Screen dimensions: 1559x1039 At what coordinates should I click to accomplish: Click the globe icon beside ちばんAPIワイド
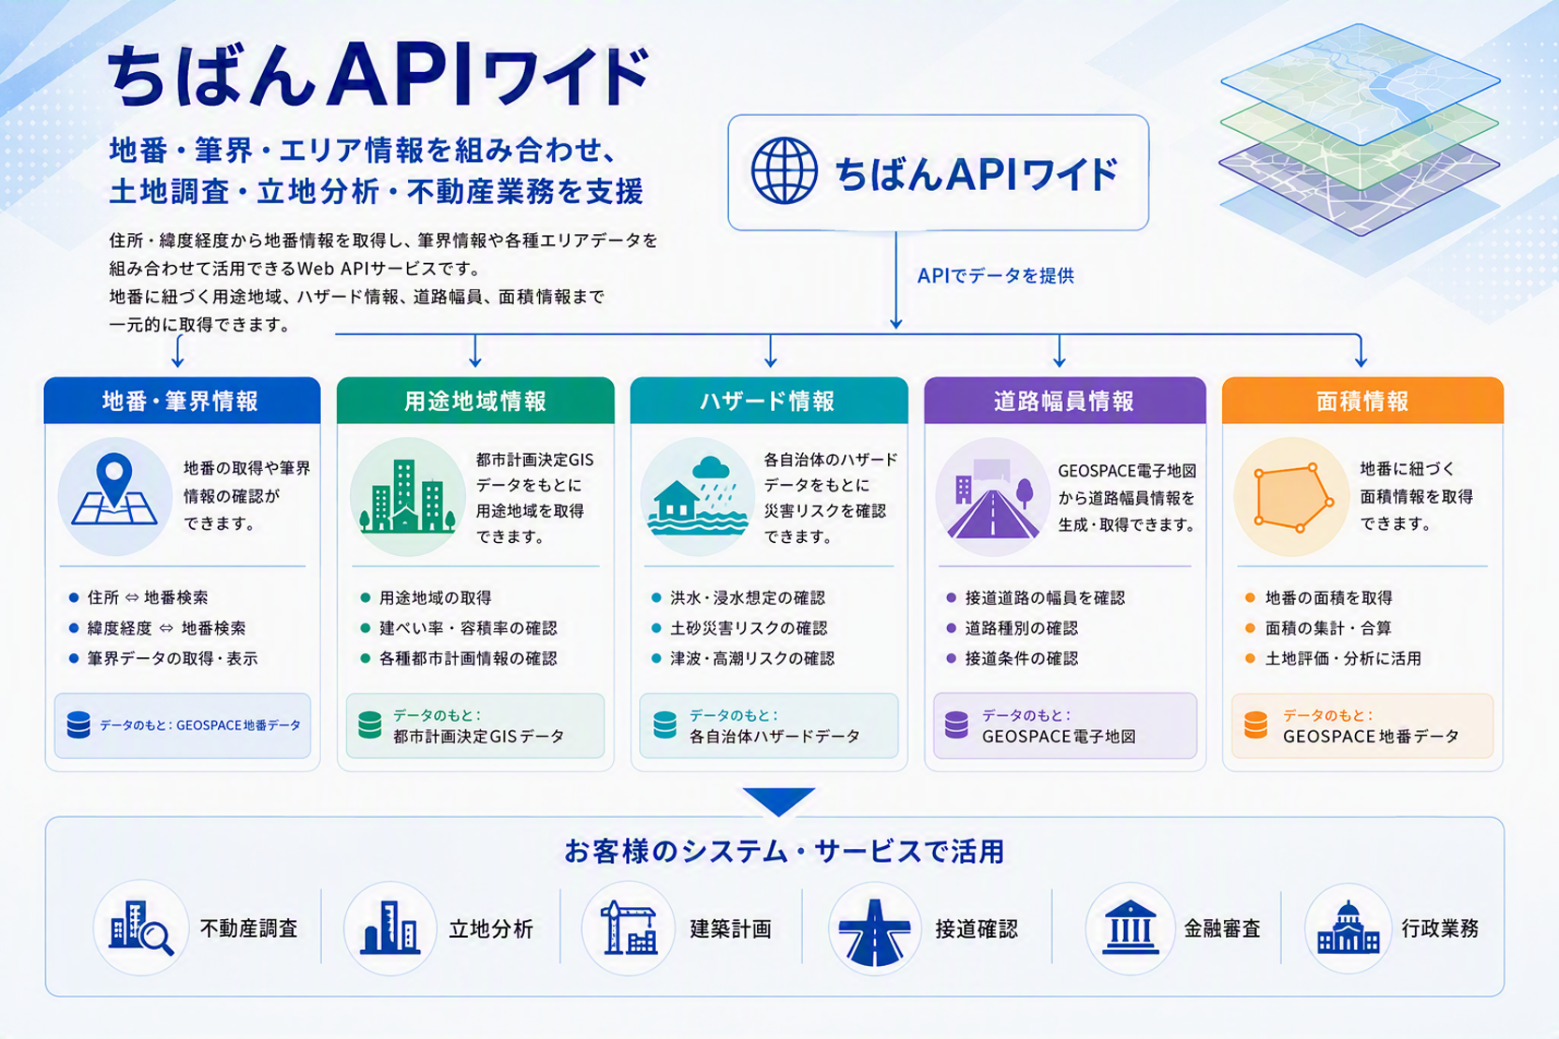click(x=783, y=170)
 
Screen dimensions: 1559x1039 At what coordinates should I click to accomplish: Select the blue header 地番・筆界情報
click(x=182, y=401)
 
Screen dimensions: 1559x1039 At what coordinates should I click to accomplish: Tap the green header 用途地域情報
click(x=475, y=401)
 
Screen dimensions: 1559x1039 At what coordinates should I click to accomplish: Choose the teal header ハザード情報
click(x=769, y=401)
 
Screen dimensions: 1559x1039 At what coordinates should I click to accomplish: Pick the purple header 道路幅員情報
click(x=1065, y=401)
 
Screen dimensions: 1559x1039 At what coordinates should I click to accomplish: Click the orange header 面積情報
click(x=1362, y=401)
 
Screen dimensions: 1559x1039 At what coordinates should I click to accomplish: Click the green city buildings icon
click(x=408, y=496)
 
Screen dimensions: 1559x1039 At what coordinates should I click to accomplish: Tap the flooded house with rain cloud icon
click(x=698, y=496)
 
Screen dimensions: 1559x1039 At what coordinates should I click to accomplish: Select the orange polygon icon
click(x=1293, y=497)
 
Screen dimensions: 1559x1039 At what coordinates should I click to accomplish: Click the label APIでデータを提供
click(x=996, y=276)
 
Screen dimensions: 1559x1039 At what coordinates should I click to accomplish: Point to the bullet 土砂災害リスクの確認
click(x=749, y=628)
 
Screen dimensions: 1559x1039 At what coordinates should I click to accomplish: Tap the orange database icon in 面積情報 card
click(x=1256, y=724)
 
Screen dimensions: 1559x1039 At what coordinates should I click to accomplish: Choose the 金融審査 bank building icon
click(x=1130, y=928)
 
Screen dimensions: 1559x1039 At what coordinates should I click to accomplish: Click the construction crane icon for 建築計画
click(x=629, y=928)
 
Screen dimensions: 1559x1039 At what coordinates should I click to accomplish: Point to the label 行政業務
click(x=1440, y=929)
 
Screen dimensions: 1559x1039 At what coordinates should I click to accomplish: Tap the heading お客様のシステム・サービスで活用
click(x=784, y=852)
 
